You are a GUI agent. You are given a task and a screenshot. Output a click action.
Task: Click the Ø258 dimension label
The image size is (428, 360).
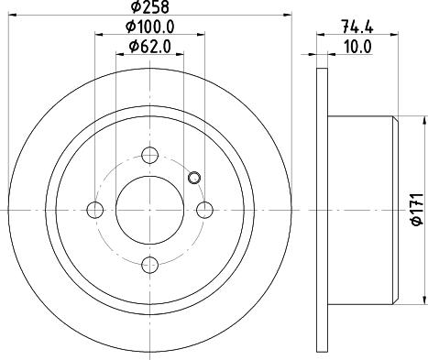click(149, 7)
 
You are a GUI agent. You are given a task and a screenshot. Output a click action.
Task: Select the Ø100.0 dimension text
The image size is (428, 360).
click(150, 27)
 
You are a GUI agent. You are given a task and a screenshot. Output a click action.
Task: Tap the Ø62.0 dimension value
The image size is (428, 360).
click(150, 47)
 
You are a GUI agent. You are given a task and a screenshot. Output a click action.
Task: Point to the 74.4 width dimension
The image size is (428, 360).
click(357, 27)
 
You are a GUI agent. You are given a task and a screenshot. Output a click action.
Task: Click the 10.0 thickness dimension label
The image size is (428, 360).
click(357, 47)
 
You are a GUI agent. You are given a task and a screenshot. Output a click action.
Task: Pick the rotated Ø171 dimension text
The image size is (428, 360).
click(418, 209)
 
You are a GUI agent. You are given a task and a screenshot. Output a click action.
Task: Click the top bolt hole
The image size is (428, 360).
click(150, 155)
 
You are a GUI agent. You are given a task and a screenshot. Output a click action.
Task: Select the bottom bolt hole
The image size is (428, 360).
click(150, 265)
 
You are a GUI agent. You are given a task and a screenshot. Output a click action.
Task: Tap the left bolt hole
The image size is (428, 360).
click(95, 210)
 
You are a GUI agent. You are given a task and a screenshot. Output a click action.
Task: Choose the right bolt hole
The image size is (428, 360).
click(204, 210)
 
